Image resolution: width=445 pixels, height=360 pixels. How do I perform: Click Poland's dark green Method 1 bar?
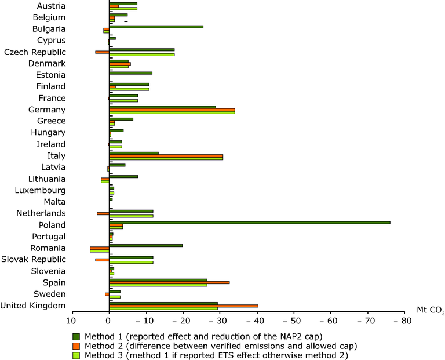[249, 223]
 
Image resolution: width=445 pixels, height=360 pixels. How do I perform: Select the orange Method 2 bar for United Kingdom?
[183, 306]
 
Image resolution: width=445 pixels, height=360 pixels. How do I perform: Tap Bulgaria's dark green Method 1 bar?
[156, 27]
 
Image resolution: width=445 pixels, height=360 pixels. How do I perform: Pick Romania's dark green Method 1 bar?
[145, 245]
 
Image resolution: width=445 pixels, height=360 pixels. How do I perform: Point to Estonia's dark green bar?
[130, 73]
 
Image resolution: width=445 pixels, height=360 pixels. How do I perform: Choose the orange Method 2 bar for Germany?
[172, 109]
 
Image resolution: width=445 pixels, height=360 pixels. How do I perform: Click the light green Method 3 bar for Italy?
[166, 158]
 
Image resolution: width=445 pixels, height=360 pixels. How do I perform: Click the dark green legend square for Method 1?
[75, 336]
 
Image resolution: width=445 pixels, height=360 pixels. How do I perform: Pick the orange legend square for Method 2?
[75, 346]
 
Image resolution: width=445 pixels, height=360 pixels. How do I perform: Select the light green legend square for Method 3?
[75, 355]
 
